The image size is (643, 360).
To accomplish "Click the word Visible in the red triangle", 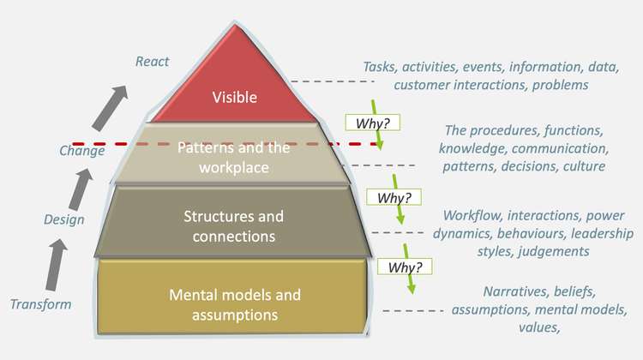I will (x=234, y=97).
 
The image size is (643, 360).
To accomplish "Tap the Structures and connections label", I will (x=234, y=225).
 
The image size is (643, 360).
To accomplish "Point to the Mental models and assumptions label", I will (x=234, y=304).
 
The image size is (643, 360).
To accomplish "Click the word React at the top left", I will (x=153, y=61).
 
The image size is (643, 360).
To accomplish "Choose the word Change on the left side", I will (x=82, y=150).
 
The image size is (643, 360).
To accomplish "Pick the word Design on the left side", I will (x=64, y=220).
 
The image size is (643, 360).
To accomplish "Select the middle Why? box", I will (x=394, y=197).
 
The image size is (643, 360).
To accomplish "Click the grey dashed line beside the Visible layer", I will (x=333, y=82).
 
